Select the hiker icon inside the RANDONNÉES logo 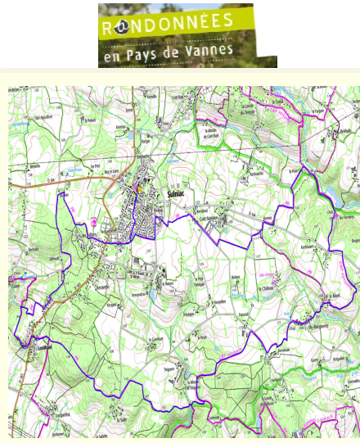coord(119,26)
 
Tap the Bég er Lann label coord(106,169)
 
